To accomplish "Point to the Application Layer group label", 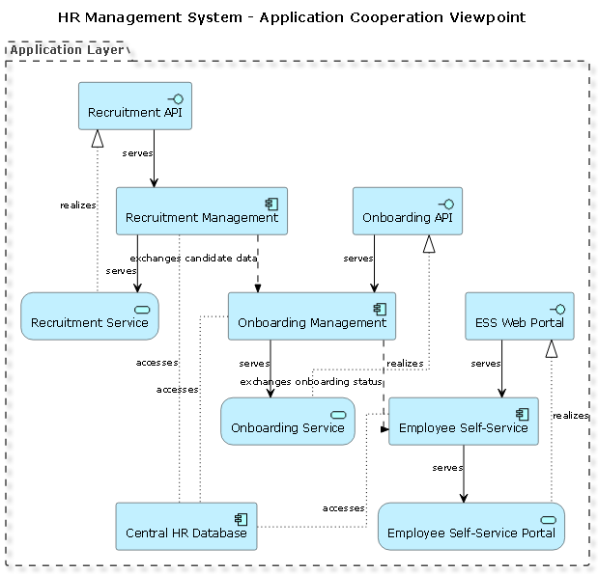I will [67, 50].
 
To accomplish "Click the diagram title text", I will [292, 17].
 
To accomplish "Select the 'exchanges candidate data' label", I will [192, 259].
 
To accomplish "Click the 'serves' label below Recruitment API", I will [137, 153].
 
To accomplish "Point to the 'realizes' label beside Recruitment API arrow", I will [77, 205].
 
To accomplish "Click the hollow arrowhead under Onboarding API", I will [429, 244].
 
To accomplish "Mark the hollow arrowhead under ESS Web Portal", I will [551, 348].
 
